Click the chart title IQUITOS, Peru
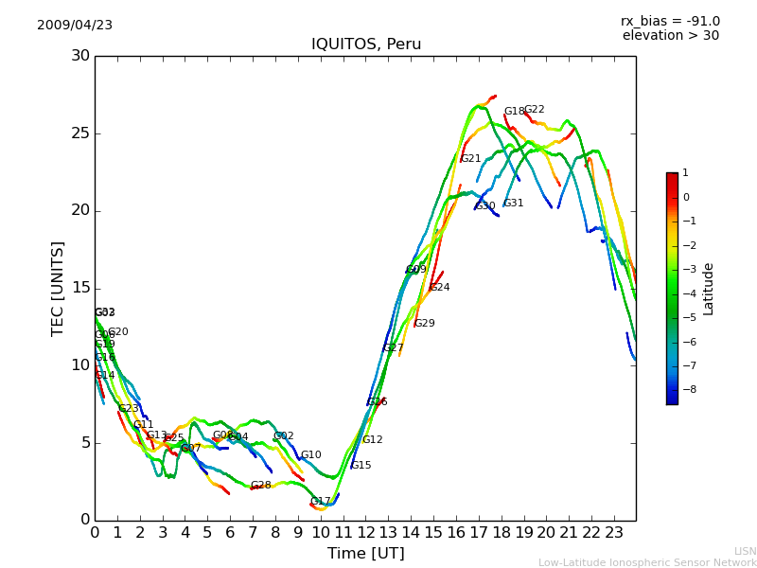[x=366, y=44]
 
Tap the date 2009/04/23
[x=75, y=26]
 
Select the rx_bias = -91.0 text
[x=670, y=22]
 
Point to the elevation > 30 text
[x=670, y=36]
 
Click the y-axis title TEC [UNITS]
[x=59, y=288]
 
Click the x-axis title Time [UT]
[x=365, y=554]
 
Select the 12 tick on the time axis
[x=365, y=533]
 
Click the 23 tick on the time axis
[x=613, y=533]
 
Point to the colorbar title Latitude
[x=709, y=289]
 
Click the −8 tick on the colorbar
[x=687, y=389]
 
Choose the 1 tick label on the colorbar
[x=685, y=173]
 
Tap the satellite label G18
[x=514, y=112]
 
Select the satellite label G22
[x=535, y=110]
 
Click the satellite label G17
[x=321, y=502]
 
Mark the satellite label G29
[x=425, y=324]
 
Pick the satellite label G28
[x=261, y=486]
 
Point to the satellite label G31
[x=514, y=204]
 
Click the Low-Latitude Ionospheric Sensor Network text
[x=647, y=563]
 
